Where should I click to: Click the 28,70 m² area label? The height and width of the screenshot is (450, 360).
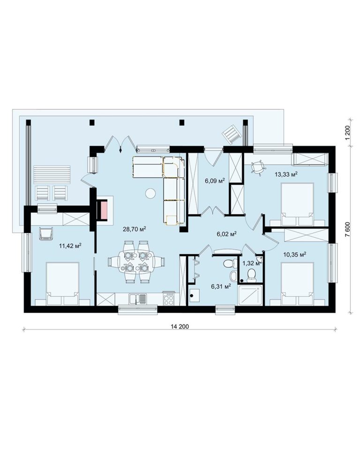[x=135, y=229]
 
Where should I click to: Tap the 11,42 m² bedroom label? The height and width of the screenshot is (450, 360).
[x=70, y=245]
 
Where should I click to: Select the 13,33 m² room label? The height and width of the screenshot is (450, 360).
[x=285, y=174]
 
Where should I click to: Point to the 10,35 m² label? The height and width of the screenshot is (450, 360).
[x=294, y=254]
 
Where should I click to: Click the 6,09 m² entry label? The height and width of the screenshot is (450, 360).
[x=214, y=180]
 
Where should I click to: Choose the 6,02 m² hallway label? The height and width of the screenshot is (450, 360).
[x=226, y=233]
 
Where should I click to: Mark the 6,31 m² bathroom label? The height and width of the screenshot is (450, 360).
[x=221, y=286]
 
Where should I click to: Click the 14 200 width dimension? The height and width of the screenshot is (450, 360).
[x=180, y=326]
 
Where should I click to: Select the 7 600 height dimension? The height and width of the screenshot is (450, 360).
[x=348, y=229]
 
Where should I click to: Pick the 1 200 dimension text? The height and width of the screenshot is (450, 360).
[x=348, y=133]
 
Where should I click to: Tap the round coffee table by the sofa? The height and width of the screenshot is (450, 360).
[x=150, y=194]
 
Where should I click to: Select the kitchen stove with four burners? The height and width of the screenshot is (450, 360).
[x=169, y=299]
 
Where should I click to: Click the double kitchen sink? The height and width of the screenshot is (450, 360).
[x=138, y=299]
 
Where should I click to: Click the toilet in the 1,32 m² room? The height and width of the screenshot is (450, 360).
[x=252, y=274]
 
